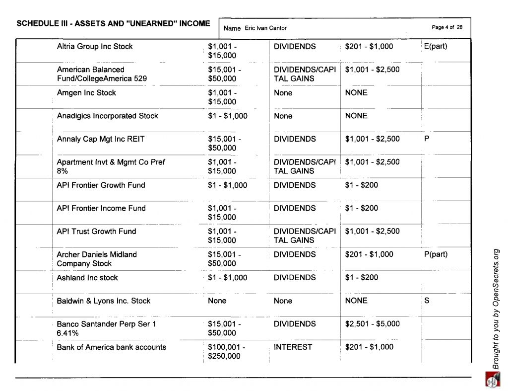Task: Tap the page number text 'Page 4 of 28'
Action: click(x=447, y=27)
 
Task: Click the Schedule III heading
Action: click(x=113, y=23)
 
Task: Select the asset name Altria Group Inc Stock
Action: click(x=95, y=47)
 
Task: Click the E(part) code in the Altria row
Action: click(x=436, y=47)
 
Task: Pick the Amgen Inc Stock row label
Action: click(x=86, y=93)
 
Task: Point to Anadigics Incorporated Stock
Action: click(x=107, y=116)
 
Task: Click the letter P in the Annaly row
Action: click(x=427, y=139)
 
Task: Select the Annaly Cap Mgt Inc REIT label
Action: click(x=101, y=139)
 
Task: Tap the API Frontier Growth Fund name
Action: click(x=101, y=185)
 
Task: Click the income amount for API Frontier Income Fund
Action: click(x=361, y=208)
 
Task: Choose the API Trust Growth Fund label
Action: click(x=96, y=232)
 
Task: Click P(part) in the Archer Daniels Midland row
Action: click(x=436, y=254)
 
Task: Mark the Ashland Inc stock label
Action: click(x=87, y=278)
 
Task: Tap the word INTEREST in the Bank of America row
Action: click(x=293, y=347)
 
